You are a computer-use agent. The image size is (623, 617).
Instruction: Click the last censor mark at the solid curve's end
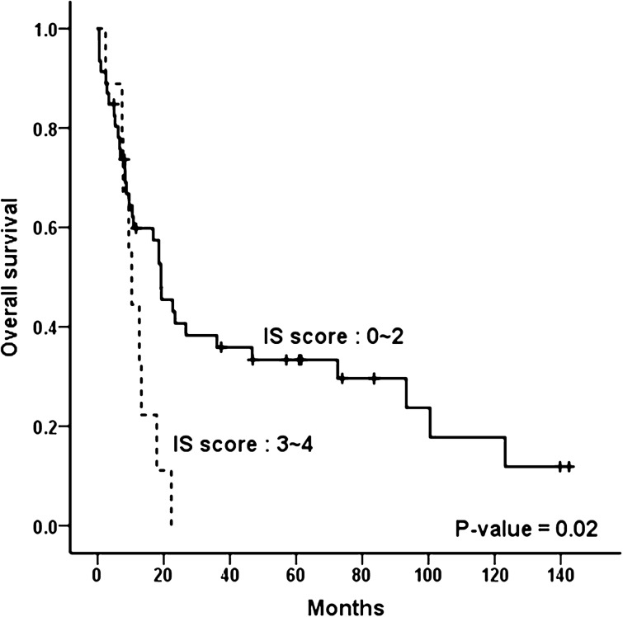point(569,467)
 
